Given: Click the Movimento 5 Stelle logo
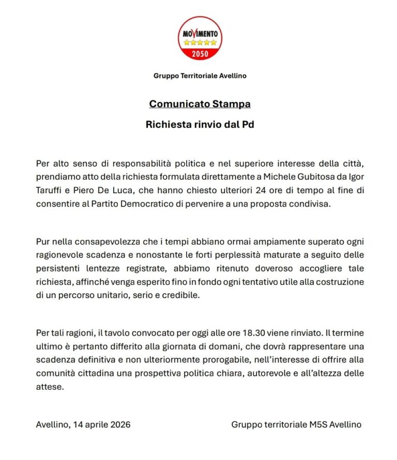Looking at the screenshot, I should tap(200, 38).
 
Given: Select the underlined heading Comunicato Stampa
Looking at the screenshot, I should tap(200, 104).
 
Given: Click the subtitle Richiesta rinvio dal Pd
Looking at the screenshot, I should tap(200, 125).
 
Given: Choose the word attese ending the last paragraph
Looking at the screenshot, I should tap(50, 386).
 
